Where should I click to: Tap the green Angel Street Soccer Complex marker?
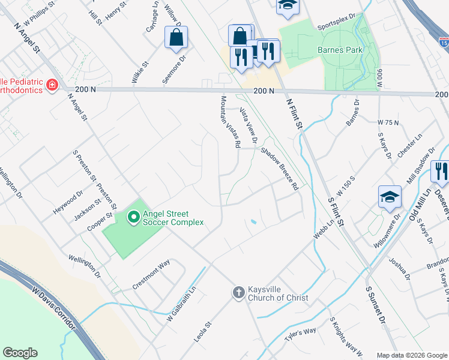(x=133, y=216)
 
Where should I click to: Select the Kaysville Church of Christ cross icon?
(x=238, y=292)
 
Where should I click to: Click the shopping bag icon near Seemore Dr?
(x=176, y=37)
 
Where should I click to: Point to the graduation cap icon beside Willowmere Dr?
(x=390, y=197)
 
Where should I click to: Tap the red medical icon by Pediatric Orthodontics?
(x=52, y=85)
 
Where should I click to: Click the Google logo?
(x=20, y=353)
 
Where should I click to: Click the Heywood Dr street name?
(x=71, y=203)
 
